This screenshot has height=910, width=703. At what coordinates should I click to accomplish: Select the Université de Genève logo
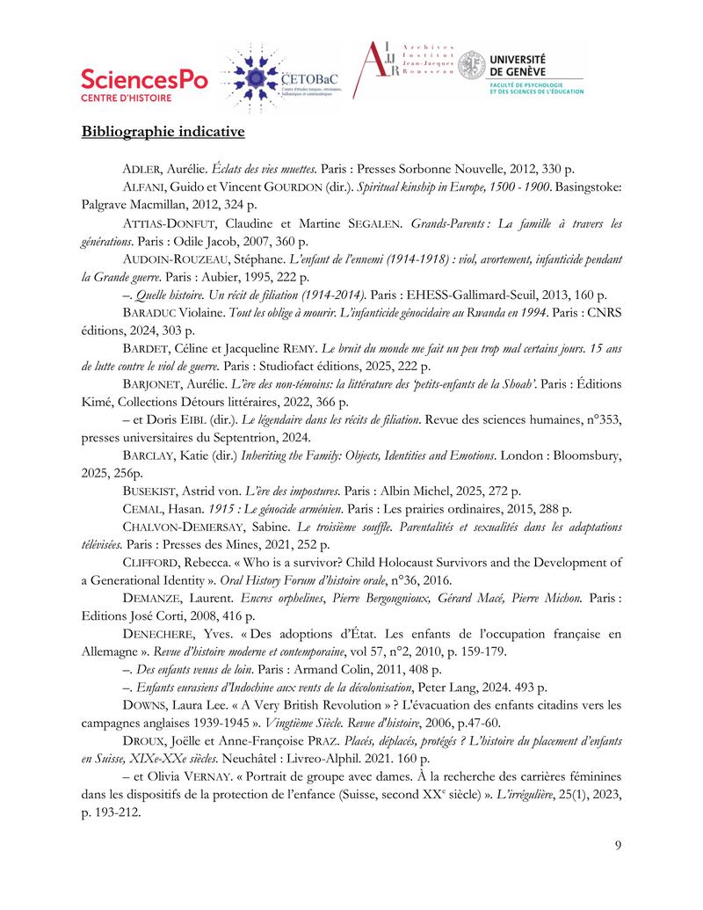520,70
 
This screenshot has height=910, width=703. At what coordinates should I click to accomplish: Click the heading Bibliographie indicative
163,132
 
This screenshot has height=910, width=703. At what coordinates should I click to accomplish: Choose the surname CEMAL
143,509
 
